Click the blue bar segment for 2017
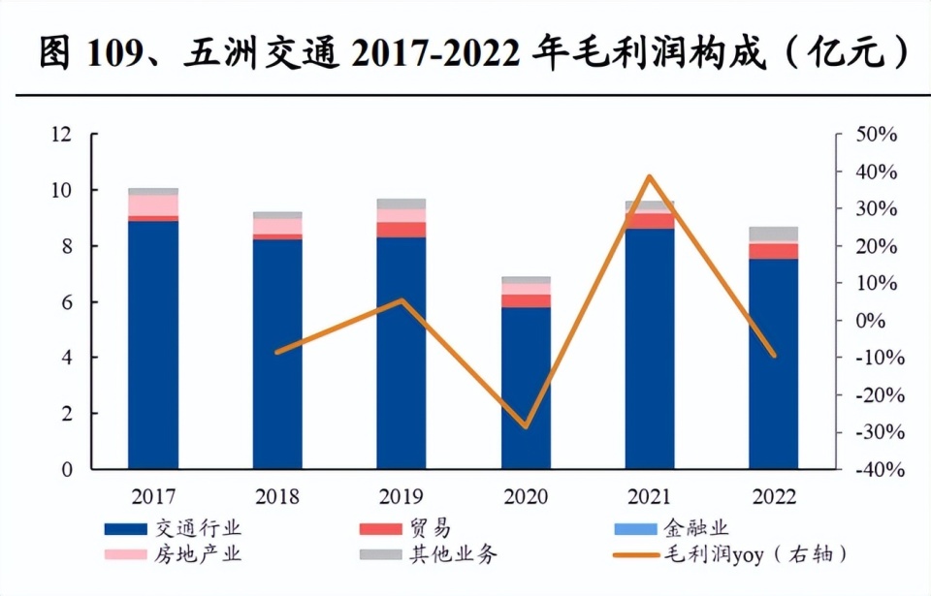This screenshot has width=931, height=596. [x=153, y=345]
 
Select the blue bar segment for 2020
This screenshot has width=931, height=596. [x=526, y=388]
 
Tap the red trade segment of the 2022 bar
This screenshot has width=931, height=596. [x=774, y=251]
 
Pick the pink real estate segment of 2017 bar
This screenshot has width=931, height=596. [x=153, y=204]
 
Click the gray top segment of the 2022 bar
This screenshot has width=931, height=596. [x=774, y=234]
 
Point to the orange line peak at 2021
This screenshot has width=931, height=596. [x=650, y=176]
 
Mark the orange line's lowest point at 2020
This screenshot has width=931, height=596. [x=526, y=425]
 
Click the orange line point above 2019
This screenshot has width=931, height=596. [x=401, y=300]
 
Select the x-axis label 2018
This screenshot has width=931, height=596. [x=277, y=497]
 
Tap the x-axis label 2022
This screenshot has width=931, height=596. [x=774, y=497]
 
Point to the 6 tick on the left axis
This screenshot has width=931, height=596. [x=67, y=302]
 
